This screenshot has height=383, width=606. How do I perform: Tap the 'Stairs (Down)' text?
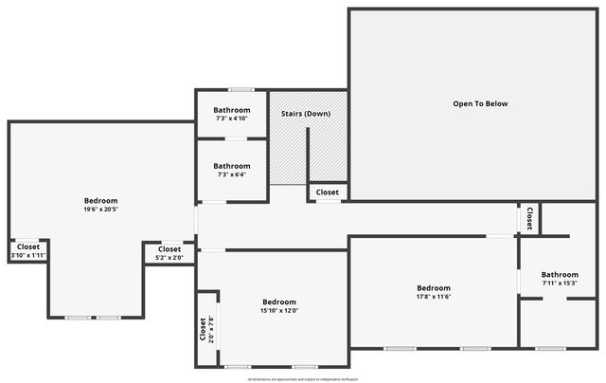tap(306, 114)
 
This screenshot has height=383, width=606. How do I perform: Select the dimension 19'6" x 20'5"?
tap(100, 210)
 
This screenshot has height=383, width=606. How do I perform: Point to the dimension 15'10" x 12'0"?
tap(279, 311)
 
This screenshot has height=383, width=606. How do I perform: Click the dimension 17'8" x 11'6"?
tap(434, 297)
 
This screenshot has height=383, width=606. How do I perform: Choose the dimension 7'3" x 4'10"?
tap(232, 119)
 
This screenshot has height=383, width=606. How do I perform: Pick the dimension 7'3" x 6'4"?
tap(232, 174)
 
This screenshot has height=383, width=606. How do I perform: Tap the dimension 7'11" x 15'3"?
tap(560, 283)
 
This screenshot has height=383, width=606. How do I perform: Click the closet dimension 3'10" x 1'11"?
tap(28, 255)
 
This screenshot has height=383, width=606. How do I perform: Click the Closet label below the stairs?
tap(328, 192)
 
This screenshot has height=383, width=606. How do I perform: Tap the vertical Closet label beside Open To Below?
tap(528, 218)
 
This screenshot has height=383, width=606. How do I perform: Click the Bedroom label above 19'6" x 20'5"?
tap(100, 200)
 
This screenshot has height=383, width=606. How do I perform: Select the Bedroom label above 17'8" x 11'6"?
tap(434, 287)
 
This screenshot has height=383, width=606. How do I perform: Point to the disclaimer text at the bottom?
tap(303, 378)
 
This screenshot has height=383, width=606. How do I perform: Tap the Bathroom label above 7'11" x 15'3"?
tap(560, 274)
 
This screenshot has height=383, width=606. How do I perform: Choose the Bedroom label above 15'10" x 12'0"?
tap(279, 301)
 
